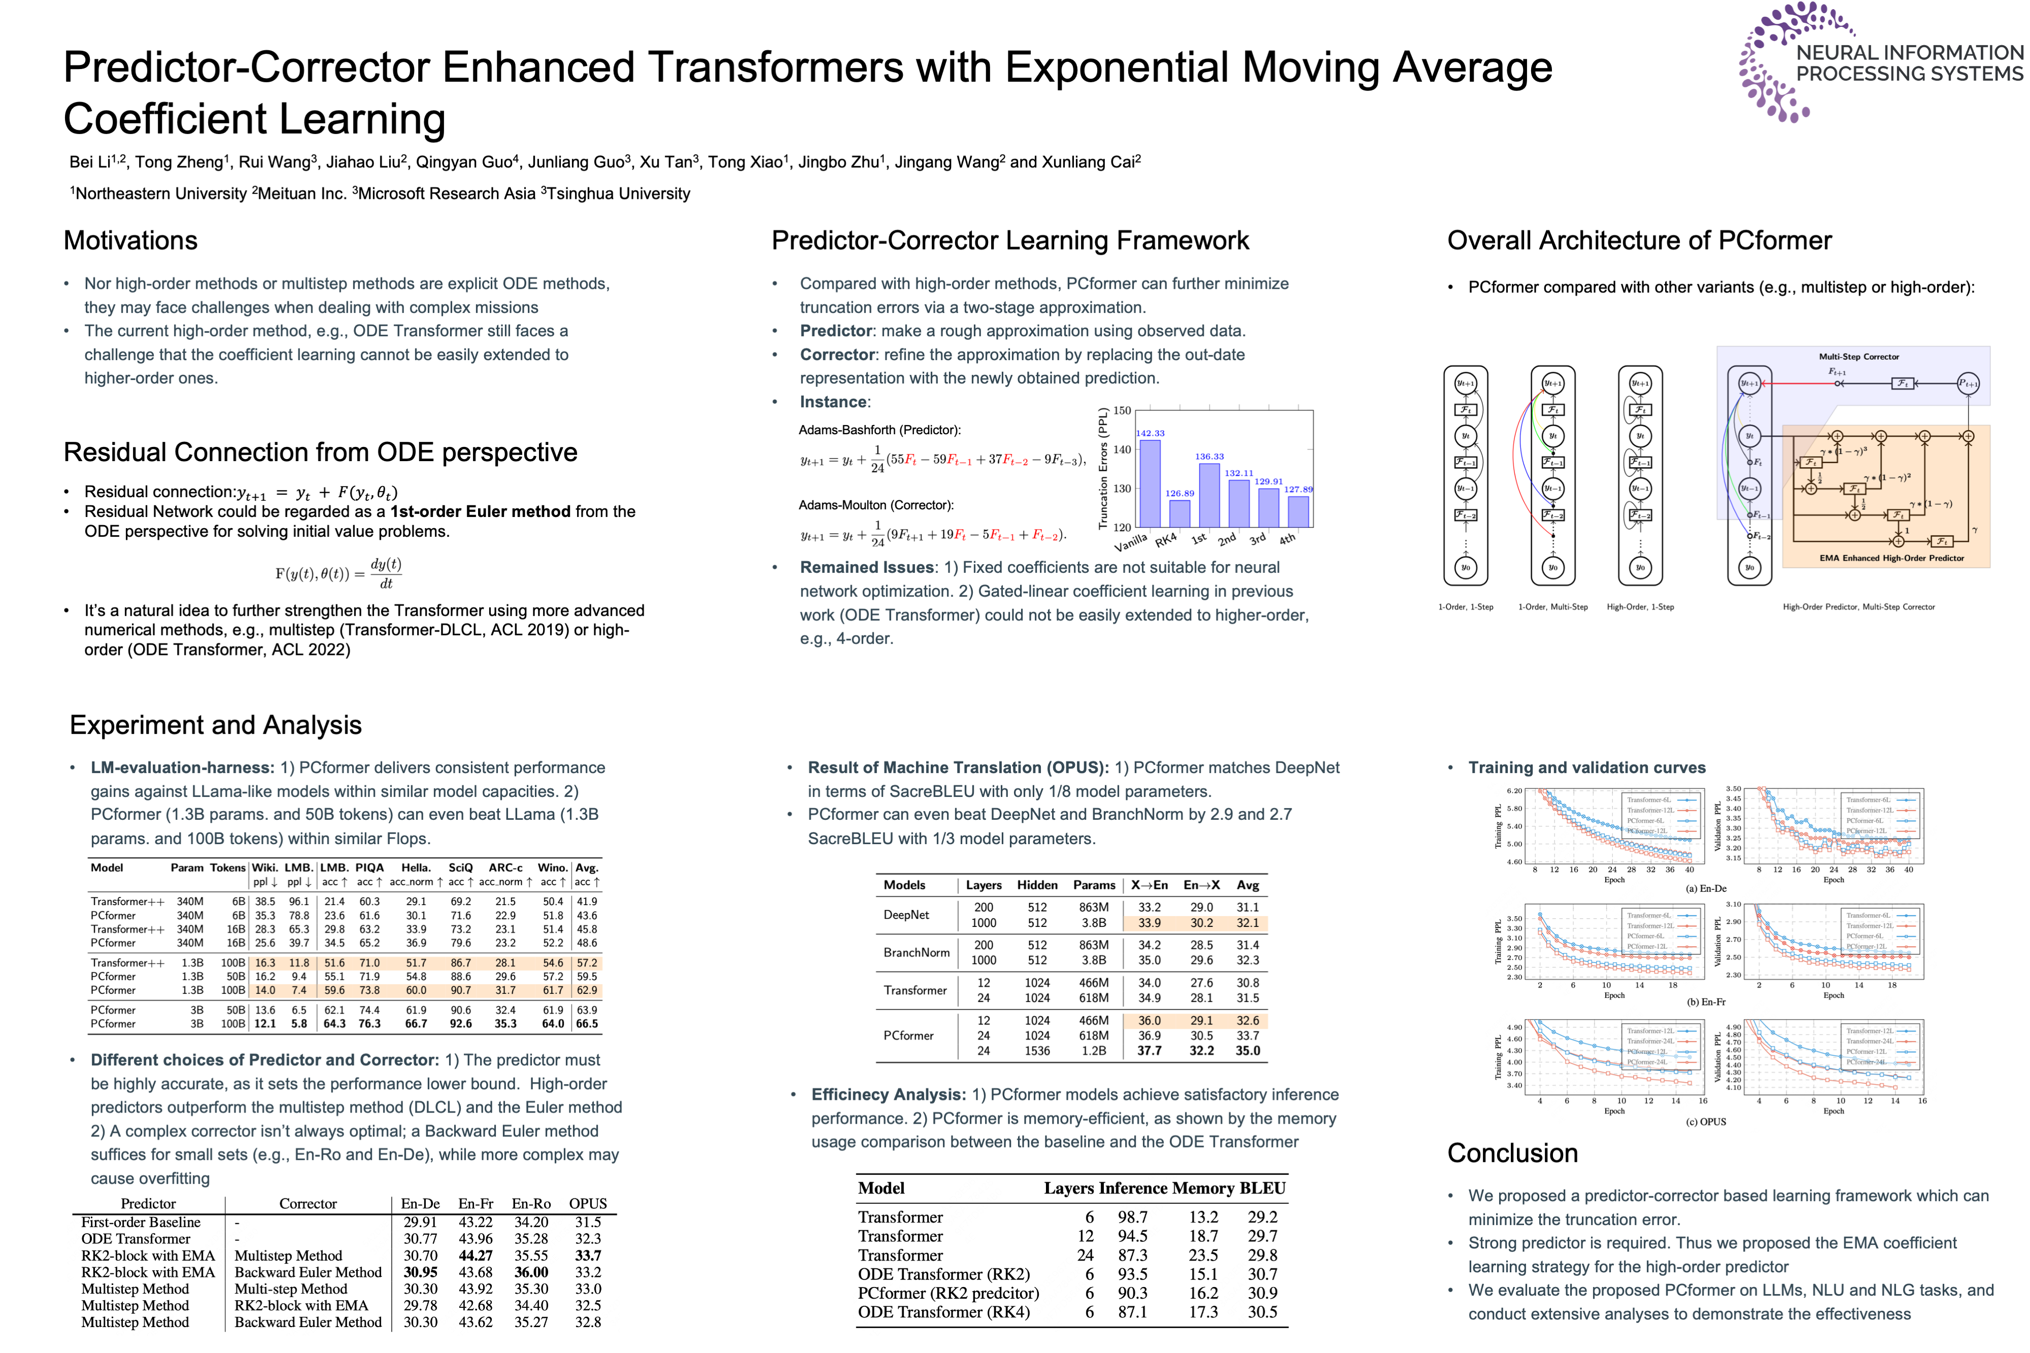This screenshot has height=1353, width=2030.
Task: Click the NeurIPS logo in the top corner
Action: [x=1877, y=62]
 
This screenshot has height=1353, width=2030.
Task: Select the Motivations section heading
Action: [x=130, y=241]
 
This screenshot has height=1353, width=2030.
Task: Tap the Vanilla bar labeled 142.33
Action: [x=1149, y=483]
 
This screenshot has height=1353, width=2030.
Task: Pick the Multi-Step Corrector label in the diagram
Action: [x=1858, y=356]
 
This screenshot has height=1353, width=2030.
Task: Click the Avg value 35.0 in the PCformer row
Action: [x=1247, y=1051]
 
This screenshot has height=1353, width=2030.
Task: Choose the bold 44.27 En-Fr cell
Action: [x=476, y=1256]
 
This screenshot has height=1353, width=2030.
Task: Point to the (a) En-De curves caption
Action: [x=1706, y=889]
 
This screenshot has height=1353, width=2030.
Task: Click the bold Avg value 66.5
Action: [x=587, y=1024]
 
